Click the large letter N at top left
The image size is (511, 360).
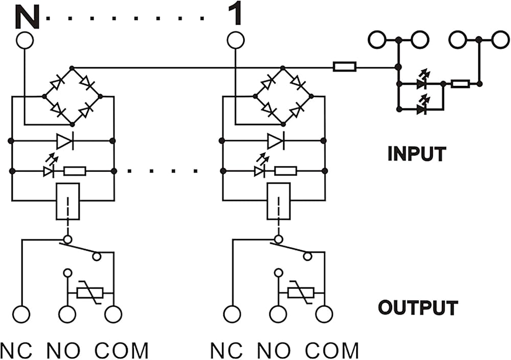point(27,17)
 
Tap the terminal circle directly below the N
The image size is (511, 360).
point(25,40)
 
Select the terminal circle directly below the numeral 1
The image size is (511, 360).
point(235,40)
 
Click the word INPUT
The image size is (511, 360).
point(417,154)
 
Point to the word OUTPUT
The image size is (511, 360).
point(418,307)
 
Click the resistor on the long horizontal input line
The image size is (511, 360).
point(344,67)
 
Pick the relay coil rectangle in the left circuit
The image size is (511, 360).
point(68,201)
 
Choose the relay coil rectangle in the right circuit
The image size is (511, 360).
point(278,201)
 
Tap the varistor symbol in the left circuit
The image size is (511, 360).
point(90,293)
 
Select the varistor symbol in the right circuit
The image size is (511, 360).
point(301,293)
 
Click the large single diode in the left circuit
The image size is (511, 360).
point(65,141)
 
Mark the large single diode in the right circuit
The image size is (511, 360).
point(276,141)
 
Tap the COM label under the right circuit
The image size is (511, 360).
point(332,351)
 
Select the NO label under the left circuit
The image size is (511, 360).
point(63,351)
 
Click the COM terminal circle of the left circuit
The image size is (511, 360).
point(113,314)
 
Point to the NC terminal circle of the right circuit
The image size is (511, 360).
point(232,314)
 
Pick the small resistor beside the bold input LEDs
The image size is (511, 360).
point(460,84)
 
